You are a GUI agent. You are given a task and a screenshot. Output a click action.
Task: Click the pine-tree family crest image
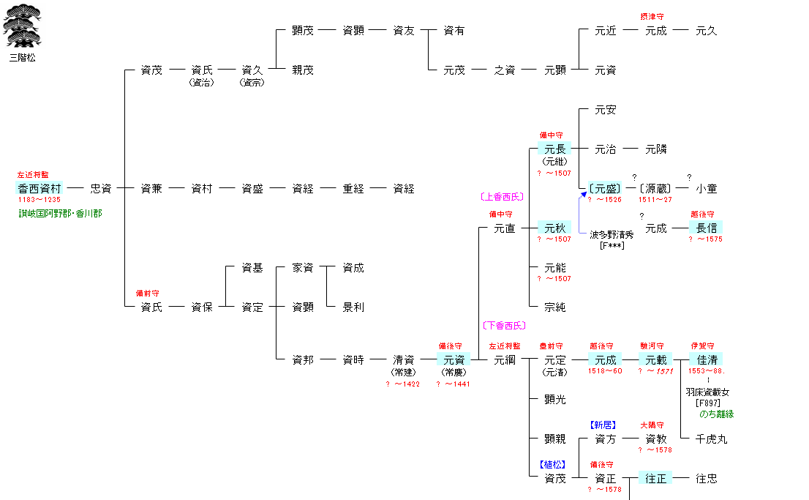pyautogui.click(x=22, y=27)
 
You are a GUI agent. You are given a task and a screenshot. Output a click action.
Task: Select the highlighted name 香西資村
pyautogui.click(x=40, y=188)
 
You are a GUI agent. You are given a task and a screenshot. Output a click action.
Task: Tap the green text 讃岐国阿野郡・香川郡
pyautogui.click(x=60, y=214)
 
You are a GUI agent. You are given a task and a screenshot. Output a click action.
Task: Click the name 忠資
pyautogui.click(x=100, y=188)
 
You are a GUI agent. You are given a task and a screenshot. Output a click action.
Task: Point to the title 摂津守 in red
pyautogui.click(x=652, y=17)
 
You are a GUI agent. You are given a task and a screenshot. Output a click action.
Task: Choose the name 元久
pyautogui.click(x=707, y=31)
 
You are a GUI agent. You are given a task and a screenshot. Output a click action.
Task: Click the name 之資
pyautogui.click(x=505, y=70)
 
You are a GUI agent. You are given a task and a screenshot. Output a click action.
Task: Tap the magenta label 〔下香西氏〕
pyautogui.click(x=504, y=325)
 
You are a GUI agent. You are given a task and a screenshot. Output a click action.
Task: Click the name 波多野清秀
pyautogui.click(x=612, y=235)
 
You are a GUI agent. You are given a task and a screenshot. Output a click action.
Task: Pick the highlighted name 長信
pyautogui.click(x=707, y=228)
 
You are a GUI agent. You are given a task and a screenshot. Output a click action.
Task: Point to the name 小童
pyautogui.click(x=707, y=188)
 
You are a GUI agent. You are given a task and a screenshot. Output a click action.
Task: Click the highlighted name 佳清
pyautogui.click(x=707, y=359)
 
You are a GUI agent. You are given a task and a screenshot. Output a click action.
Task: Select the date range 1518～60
pyautogui.click(x=605, y=371)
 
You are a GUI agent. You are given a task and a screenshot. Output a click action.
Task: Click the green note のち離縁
pyautogui.click(x=716, y=414)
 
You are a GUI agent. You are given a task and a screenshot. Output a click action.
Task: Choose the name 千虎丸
pyautogui.click(x=711, y=439)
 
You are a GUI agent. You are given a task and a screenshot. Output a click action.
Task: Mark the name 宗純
pyautogui.click(x=555, y=307)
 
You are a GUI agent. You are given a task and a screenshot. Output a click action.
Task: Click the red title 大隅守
pyautogui.click(x=652, y=425)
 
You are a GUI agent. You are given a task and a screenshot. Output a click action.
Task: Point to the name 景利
pyautogui.click(x=353, y=307)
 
